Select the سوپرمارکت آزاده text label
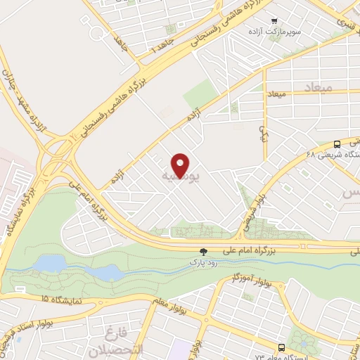pyautogui.click(x=273, y=33)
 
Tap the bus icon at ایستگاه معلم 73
pyautogui.click(x=282, y=347)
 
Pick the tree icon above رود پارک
pyautogui.click(x=203, y=251)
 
